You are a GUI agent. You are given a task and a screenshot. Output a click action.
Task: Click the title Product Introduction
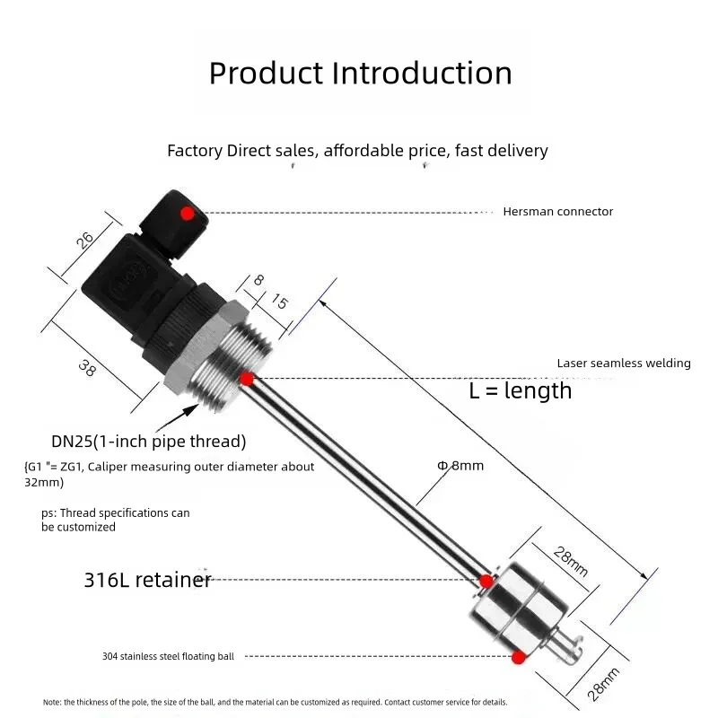point(360,73)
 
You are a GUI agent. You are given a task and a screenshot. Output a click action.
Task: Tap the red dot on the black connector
point(187,214)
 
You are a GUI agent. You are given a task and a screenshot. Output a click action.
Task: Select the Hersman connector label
point(557,212)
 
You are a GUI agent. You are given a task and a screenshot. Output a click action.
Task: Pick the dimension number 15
point(279,302)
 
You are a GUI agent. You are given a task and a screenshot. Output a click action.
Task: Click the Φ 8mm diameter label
point(460,466)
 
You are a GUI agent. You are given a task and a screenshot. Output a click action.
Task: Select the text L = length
point(521,390)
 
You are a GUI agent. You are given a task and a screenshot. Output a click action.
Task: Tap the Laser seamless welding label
point(624,363)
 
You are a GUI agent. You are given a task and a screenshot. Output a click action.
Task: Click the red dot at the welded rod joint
point(247,380)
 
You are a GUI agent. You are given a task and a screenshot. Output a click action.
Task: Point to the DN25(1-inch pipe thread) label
point(148,442)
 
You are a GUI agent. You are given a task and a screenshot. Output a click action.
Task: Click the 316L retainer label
point(147,580)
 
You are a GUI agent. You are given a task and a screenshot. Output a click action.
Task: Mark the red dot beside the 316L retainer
point(486,581)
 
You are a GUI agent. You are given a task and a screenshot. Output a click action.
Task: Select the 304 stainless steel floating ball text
point(168,657)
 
